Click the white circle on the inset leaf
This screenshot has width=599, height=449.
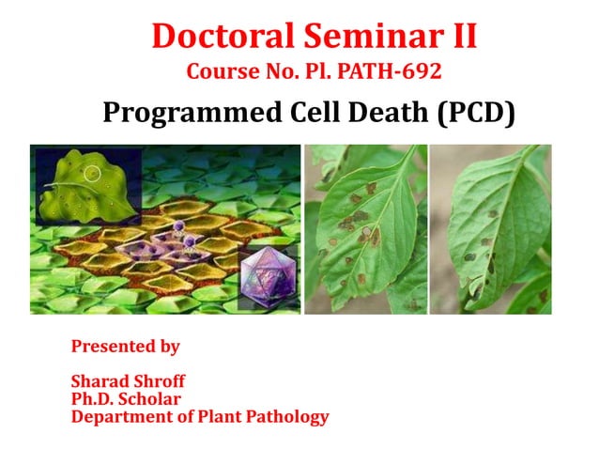coord(92,174)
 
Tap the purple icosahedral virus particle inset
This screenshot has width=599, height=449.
coord(269,278)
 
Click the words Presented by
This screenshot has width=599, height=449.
coord(125,347)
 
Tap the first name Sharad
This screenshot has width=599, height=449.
coord(100,381)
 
